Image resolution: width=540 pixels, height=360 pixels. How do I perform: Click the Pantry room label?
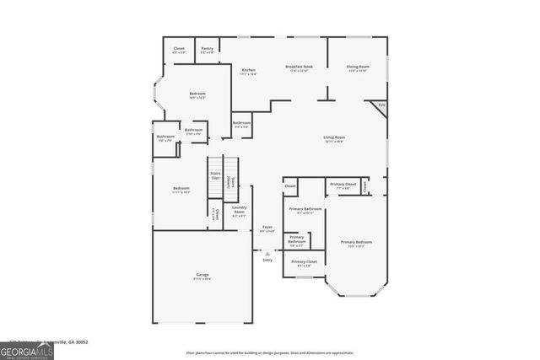[x=207, y=49]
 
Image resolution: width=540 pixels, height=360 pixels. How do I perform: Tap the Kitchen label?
[x=248, y=70]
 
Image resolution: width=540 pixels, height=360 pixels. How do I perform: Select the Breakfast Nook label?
[x=300, y=67]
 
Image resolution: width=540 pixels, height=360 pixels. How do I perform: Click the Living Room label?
[x=334, y=137]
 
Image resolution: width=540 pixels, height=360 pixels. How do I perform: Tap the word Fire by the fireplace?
[x=381, y=105]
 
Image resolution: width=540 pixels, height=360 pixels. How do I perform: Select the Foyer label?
[x=267, y=227]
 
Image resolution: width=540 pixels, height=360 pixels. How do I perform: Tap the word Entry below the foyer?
[x=267, y=261]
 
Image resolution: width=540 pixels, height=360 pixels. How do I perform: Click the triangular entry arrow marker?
[x=267, y=253]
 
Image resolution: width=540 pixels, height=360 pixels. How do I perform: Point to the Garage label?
[x=202, y=275]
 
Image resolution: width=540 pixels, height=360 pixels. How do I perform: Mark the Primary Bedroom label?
[x=356, y=243]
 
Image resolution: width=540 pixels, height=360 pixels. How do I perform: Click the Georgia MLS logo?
[x=27, y=350]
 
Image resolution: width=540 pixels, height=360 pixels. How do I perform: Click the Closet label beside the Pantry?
[x=179, y=49]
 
